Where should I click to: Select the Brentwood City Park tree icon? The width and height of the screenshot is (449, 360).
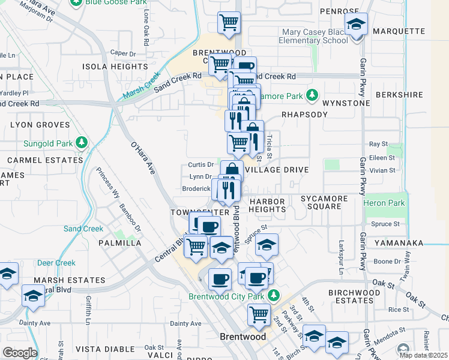click(274, 296)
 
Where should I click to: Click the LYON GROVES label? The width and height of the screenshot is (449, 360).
click(40, 125)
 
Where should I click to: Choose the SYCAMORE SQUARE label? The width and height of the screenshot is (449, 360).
click(325, 202)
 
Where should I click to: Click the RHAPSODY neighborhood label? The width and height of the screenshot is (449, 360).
click(305, 115)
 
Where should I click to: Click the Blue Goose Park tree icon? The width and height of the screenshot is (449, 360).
click(76, 2)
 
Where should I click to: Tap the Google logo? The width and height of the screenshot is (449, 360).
click(20, 353)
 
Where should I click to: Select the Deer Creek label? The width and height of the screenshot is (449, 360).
click(56, 263)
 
